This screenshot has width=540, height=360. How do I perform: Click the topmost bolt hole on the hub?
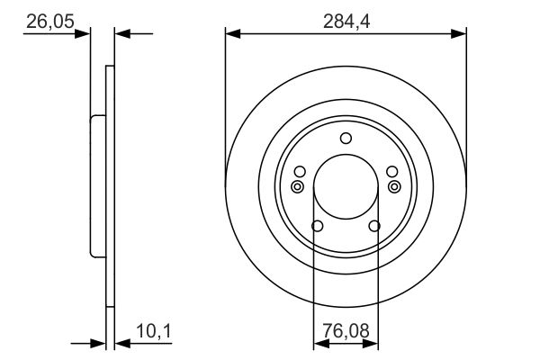point(346,139)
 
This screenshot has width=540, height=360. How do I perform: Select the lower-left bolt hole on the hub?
point(316,226)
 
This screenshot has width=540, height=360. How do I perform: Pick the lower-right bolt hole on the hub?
point(375,226)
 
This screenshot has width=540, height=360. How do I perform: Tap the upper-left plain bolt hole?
point(300,172)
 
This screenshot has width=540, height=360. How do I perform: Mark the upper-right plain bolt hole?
point(391,172)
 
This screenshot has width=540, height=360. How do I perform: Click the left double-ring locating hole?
point(298,186)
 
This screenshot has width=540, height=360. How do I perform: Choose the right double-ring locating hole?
point(393,186)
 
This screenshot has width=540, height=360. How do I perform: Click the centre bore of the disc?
point(346,188)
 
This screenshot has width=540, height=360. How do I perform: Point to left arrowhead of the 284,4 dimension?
point(231,34)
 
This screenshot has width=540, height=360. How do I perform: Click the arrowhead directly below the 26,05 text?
point(85,34)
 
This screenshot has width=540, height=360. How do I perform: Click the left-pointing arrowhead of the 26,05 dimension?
point(121,34)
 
